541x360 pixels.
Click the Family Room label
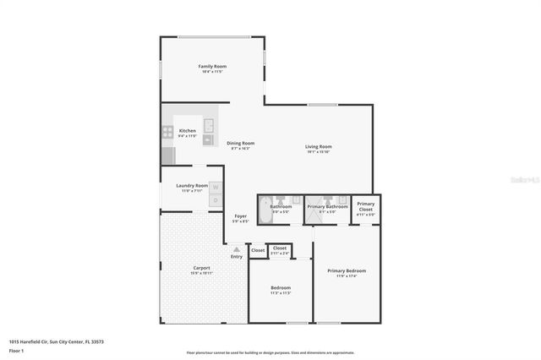(x=212, y=66)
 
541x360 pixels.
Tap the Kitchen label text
(x=188, y=131)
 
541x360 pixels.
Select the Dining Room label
(x=241, y=143)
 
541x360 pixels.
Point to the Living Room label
(x=319, y=147)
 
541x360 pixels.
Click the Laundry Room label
(x=191, y=185)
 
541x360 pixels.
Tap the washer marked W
(x=216, y=187)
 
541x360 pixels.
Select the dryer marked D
(x=216, y=200)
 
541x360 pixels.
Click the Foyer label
(x=241, y=216)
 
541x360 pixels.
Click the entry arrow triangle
(x=237, y=249)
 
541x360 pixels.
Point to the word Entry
(x=237, y=256)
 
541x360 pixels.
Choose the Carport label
(x=201, y=268)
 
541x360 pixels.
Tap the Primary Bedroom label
(x=347, y=270)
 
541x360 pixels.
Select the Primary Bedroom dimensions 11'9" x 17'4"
(x=347, y=276)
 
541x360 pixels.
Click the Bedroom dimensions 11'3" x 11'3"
(x=280, y=293)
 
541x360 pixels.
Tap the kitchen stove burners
(x=167, y=131)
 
